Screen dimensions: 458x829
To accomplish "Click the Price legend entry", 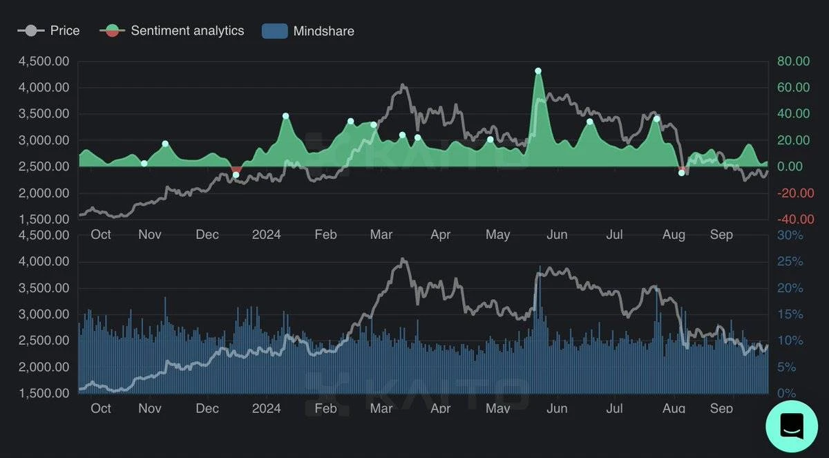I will (x=49, y=30).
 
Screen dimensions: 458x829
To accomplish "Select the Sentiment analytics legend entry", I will (x=172, y=30).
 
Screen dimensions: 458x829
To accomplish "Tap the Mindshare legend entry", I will (x=308, y=31).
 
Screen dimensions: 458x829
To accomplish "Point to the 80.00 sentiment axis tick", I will (x=792, y=61).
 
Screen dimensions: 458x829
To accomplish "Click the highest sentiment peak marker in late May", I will (x=538, y=71).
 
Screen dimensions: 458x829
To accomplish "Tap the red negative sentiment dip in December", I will (x=236, y=170).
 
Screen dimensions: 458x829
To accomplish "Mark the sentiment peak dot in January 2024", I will (x=285, y=116).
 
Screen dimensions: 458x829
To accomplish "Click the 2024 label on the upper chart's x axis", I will (x=266, y=235).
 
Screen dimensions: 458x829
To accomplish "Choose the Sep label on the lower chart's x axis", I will (x=721, y=408).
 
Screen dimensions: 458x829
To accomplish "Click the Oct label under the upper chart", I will (x=101, y=235).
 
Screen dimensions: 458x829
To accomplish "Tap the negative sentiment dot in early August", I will (x=682, y=172).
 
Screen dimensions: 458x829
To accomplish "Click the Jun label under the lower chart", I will (x=557, y=408).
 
